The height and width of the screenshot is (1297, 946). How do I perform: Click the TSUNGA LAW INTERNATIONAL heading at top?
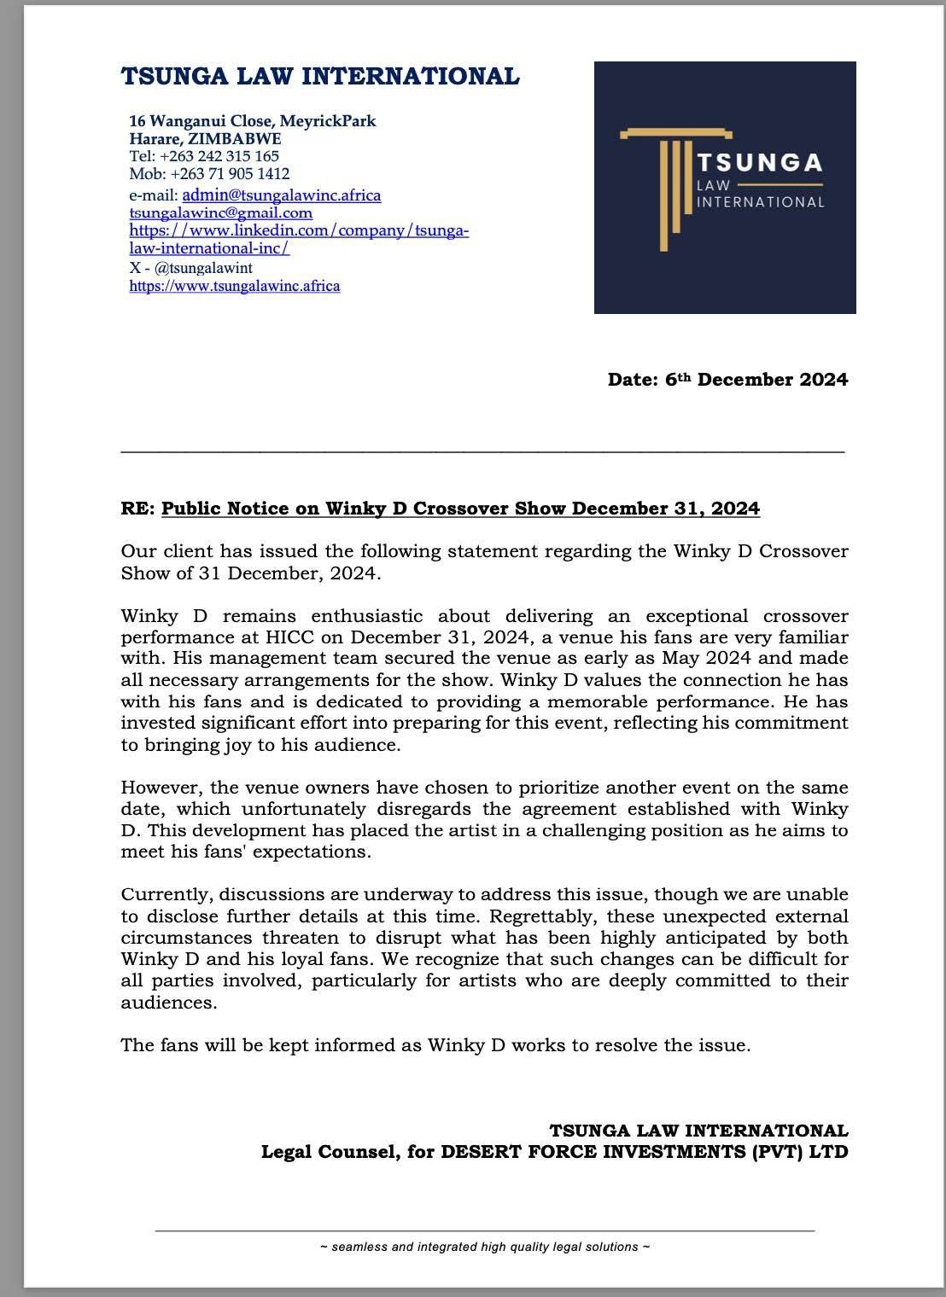point(320,77)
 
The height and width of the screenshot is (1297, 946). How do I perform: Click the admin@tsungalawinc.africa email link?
point(282,195)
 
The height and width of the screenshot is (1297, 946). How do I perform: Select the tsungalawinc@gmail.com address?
point(220,212)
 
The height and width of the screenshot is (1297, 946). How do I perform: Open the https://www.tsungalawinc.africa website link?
point(235,286)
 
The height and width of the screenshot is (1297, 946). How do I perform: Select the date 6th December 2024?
point(756,380)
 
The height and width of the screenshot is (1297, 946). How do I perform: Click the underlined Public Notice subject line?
point(460,509)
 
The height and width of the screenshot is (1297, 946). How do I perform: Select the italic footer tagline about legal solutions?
point(485,1247)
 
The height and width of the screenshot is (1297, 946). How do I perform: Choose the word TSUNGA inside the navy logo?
point(759,163)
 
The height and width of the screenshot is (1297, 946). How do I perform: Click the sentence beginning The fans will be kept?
point(435,1044)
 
